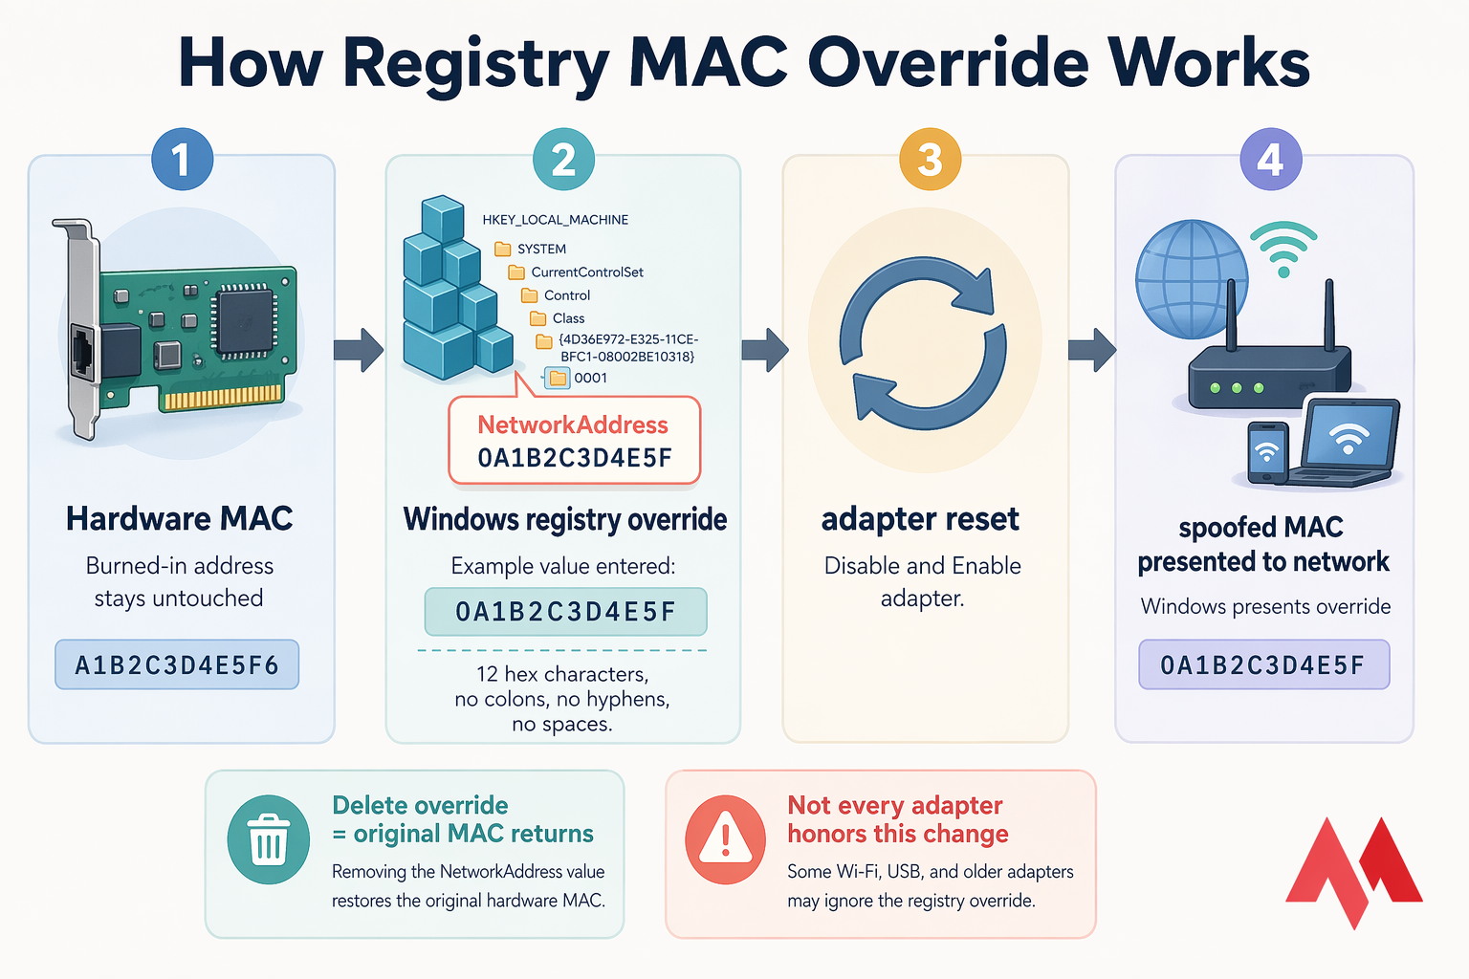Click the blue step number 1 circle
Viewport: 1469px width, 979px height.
point(182,160)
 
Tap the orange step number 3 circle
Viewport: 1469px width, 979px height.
point(930,160)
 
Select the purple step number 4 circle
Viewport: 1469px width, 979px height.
point(1270,160)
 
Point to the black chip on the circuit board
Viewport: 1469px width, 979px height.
point(245,320)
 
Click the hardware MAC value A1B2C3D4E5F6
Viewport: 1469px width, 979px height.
point(177,665)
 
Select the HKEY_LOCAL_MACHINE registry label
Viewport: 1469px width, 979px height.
point(555,220)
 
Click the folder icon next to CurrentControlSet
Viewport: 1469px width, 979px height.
point(516,272)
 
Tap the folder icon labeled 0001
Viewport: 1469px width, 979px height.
point(558,379)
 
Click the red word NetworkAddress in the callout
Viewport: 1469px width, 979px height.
point(573,425)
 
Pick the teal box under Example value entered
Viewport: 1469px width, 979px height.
point(565,612)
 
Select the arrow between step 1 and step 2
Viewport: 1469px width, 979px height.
point(358,350)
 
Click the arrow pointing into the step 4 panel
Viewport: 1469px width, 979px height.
point(1091,350)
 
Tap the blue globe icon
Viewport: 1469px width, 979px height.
point(1191,279)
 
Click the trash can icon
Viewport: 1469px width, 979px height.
point(269,841)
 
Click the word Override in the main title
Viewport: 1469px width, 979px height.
point(948,63)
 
